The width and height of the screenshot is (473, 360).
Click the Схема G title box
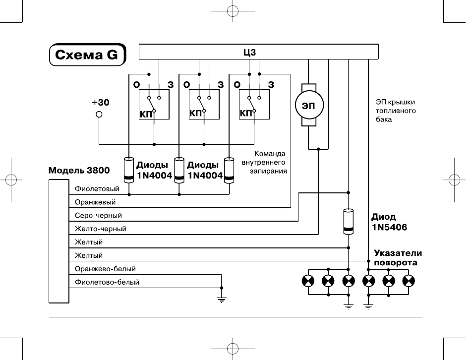87,55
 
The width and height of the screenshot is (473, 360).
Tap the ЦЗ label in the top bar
250,52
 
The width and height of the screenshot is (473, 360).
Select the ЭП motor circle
309,105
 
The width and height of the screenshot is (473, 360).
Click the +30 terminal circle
99,115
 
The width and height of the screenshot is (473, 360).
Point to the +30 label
101,102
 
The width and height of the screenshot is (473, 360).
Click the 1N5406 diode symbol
349,222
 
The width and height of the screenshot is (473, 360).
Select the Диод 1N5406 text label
389,222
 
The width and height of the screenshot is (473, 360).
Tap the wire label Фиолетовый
97,189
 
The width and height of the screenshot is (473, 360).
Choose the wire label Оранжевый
95,202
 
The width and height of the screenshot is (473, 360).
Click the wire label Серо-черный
98,216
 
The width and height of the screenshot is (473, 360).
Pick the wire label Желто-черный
101,229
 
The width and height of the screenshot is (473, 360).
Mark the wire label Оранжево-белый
105,269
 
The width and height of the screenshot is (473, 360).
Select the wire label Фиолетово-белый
107,282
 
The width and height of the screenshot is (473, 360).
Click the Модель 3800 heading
79,171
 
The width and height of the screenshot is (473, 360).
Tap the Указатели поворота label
398,258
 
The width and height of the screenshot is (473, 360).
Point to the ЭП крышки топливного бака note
396,111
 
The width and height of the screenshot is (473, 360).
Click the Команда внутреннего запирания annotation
264,162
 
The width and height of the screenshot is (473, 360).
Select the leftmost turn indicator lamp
308,281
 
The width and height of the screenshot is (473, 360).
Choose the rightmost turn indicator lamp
409,281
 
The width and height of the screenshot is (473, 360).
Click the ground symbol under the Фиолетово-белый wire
222,300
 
